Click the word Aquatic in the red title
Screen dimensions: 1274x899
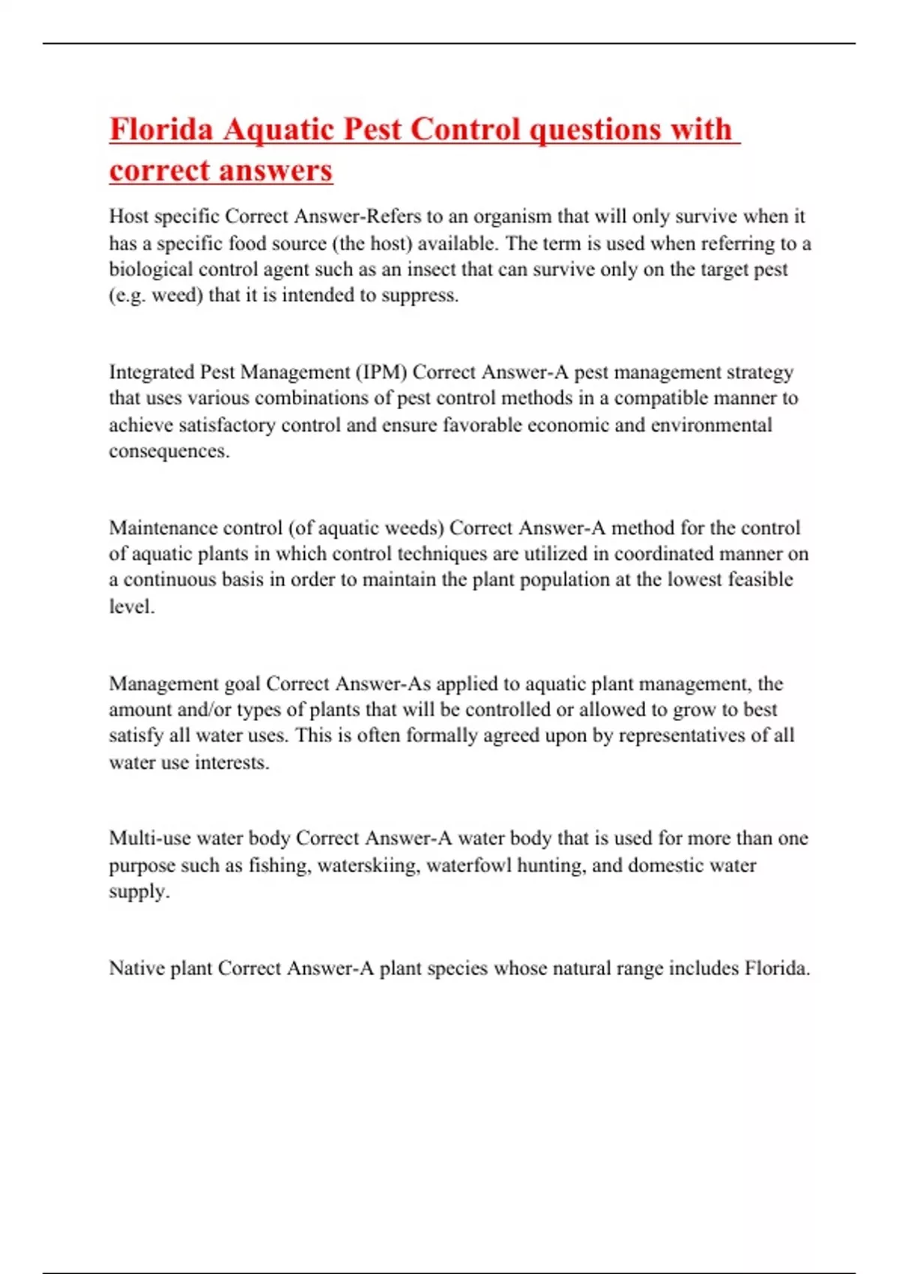pyautogui.click(x=278, y=130)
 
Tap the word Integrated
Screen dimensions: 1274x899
pyautogui.click(x=151, y=372)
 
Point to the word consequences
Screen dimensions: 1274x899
pyautogui.click(x=169, y=451)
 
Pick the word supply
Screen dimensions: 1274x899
pyautogui.click(x=139, y=892)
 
